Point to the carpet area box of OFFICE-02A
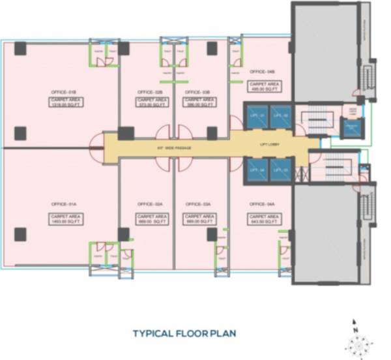click(150, 218)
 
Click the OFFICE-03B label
click(197, 92)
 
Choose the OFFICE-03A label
click(197, 204)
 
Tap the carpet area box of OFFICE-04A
click(263, 218)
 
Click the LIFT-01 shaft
click(257, 116)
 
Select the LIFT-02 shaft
click(280, 116)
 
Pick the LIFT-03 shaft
click(280, 170)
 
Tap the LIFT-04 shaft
click(257, 170)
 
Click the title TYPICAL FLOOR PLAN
click(184, 333)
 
